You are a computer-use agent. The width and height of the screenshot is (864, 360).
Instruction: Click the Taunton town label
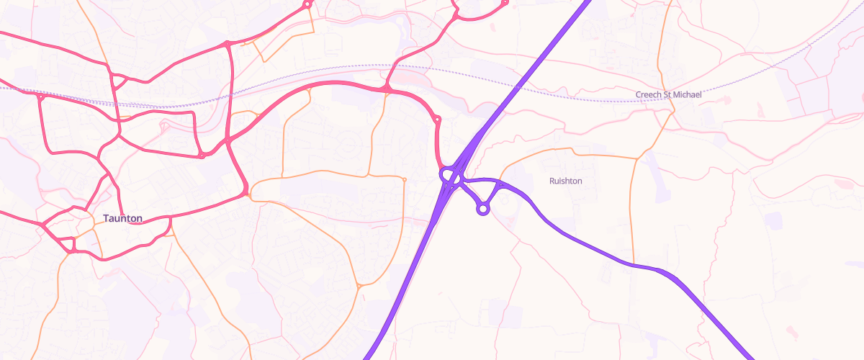point(122,218)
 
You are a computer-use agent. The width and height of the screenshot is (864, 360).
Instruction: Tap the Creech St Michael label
point(668,94)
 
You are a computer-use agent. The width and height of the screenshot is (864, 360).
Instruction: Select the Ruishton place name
point(566,181)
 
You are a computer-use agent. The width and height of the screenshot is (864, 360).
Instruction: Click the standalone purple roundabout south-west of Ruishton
point(483,209)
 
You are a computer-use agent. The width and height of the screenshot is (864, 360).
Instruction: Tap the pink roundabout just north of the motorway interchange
point(437,119)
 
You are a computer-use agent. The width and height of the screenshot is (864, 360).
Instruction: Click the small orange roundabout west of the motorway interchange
point(405,179)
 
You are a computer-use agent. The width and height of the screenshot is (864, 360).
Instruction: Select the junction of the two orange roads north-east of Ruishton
point(636,158)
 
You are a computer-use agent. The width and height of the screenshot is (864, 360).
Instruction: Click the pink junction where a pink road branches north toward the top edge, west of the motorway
point(387,89)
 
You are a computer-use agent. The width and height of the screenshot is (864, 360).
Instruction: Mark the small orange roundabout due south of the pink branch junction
point(358,287)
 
